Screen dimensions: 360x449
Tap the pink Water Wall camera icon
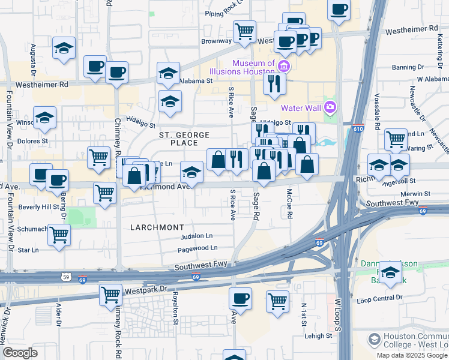[329, 107]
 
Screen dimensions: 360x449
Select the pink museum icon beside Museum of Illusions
[284, 65]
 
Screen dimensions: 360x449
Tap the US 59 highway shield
[65, 277]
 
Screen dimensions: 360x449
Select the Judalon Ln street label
[197, 236]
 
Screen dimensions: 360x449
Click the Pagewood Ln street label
[197, 247]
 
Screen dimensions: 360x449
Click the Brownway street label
[216, 41]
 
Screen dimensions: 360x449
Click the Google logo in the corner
[20, 353]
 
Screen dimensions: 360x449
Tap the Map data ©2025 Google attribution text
[412, 355]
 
